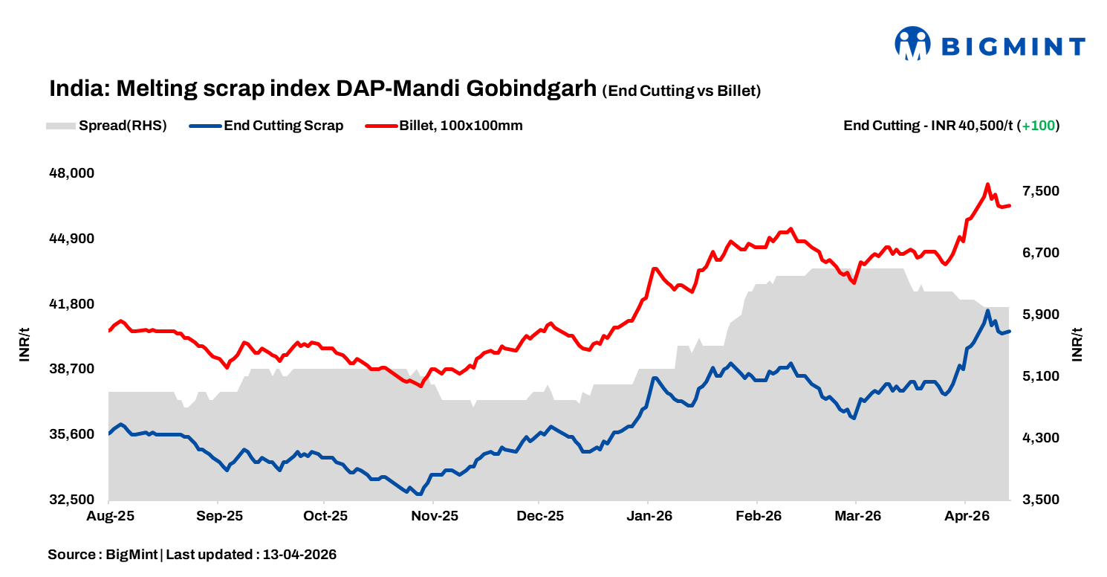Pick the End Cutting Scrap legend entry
click(283, 126)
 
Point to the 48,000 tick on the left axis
click(71, 173)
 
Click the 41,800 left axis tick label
click(71, 304)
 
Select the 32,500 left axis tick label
click(71, 500)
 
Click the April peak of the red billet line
click(987, 184)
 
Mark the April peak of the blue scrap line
click(987, 311)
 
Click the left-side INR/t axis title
click(25, 344)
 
